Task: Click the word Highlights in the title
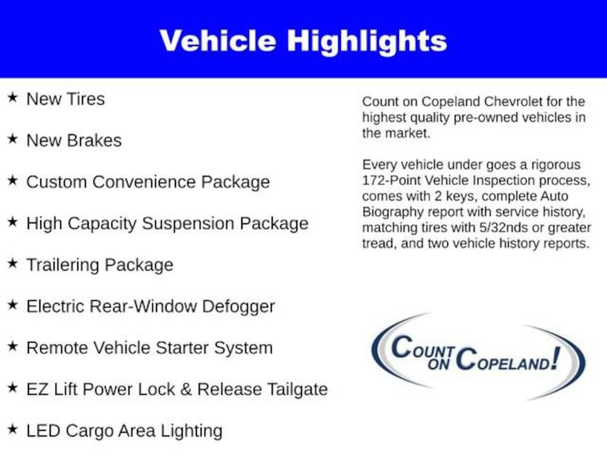tap(367, 41)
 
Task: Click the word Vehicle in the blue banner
tap(218, 40)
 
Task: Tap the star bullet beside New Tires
tap(12, 97)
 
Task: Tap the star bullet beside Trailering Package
tap(12, 263)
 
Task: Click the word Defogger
tap(238, 306)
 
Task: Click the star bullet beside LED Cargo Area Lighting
tap(12, 429)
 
